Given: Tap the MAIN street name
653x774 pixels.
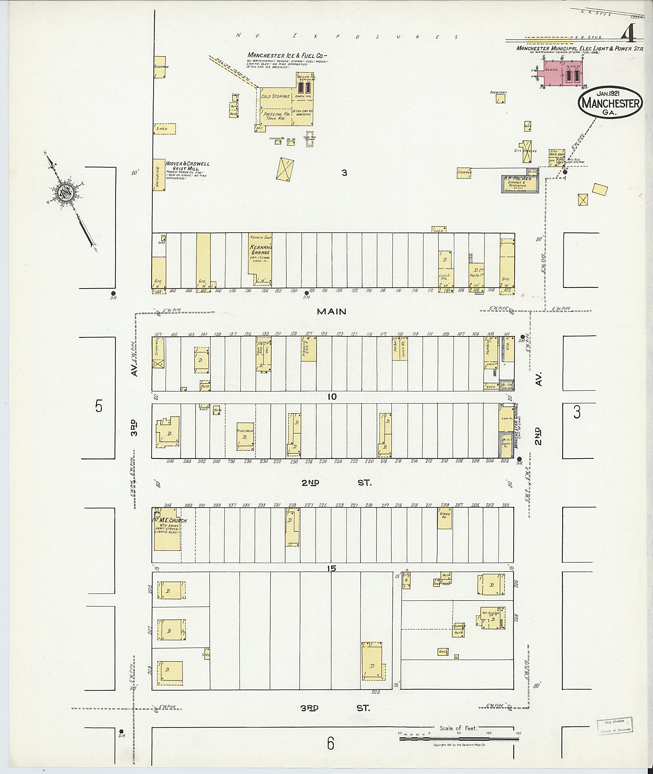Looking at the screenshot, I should pyautogui.click(x=332, y=312).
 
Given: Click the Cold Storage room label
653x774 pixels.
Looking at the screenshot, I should pyautogui.click(x=275, y=96).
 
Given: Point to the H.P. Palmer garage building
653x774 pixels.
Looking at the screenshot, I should pyautogui.click(x=520, y=184).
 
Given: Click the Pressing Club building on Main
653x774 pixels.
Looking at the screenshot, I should pyautogui.click(x=308, y=349).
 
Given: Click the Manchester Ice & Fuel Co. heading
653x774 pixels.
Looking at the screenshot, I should pyautogui.click(x=287, y=56).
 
